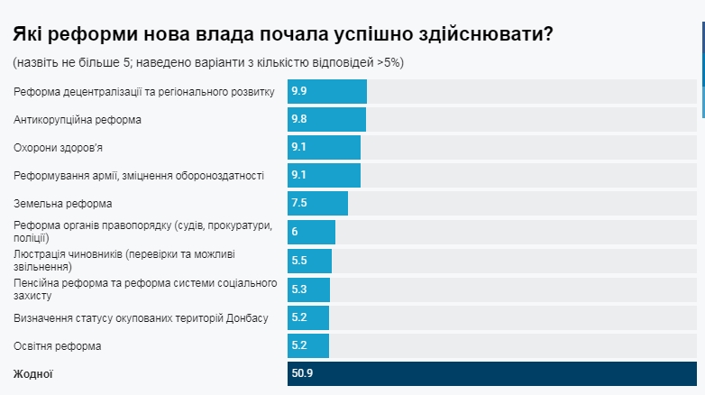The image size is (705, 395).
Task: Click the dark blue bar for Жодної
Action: [x=491, y=373]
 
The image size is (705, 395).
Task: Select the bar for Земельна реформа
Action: [x=317, y=204]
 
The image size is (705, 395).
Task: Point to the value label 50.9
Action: [x=303, y=373]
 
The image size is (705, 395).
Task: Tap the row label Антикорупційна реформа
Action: [x=78, y=120]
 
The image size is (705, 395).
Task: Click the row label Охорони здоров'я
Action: [x=64, y=148]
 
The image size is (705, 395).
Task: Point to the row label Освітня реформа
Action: [x=58, y=346]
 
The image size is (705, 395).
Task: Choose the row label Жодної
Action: [x=32, y=373]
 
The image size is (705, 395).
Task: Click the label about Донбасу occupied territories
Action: [x=141, y=317]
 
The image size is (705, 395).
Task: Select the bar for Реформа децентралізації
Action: [x=326, y=92]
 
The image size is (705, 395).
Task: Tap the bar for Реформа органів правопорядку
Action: [x=311, y=233]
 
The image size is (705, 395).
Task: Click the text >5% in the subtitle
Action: [x=389, y=62]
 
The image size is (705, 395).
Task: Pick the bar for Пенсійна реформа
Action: [x=308, y=289]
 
